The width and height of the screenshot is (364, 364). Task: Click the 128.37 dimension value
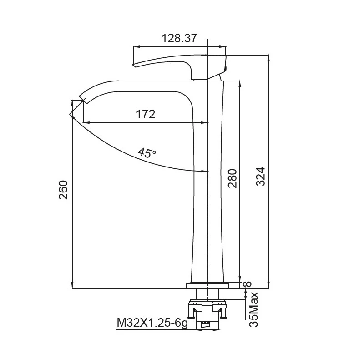click(x=179, y=38)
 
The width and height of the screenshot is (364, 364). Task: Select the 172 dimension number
click(x=146, y=114)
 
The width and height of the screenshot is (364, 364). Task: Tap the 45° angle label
click(x=147, y=153)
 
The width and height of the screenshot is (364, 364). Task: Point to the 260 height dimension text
click(x=63, y=190)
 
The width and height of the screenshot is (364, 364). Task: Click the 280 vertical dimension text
click(x=233, y=178)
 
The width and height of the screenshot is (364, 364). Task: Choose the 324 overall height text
click(x=260, y=177)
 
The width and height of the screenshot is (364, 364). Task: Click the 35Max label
click(x=253, y=309)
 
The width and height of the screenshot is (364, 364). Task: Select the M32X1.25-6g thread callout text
click(x=152, y=323)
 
